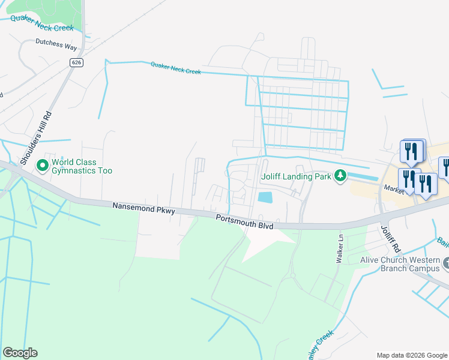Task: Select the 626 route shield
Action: [76, 62]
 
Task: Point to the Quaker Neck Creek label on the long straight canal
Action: [175, 68]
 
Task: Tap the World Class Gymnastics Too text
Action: [82, 166]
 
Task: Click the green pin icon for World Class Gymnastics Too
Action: [43, 164]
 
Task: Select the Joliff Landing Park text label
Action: [296, 176]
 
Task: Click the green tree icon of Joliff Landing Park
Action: [340, 176]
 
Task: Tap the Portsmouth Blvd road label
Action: [245, 222]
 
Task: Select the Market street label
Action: [395, 188]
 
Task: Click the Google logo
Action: [20, 353]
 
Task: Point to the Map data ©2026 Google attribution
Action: [412, 355]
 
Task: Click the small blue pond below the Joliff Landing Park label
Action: [264, 197]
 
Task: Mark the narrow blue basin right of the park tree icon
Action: [363, 176]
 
